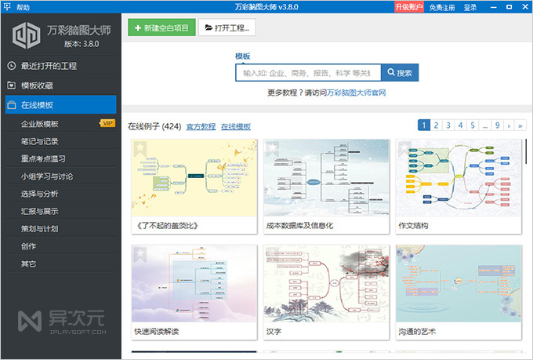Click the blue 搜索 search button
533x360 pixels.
(x=399, y=73)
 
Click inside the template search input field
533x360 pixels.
(x=307, y=73)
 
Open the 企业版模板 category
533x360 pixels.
(x=40, y=123)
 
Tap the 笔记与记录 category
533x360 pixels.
(x=40, y=141)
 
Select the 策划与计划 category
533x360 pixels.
(x=40, y=228)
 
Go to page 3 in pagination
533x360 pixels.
(x=449, y=125)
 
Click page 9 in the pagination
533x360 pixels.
(x=497, y=125)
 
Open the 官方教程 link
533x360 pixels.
(x=201, y=126)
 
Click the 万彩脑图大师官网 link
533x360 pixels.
(x=357, y=93)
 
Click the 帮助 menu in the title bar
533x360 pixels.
(x=23, y=7)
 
